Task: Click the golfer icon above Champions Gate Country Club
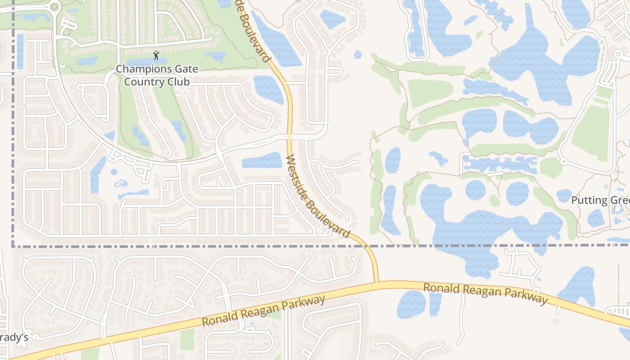pos(156,55)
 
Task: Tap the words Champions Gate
pos(144,69)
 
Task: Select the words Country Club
pos(157,82)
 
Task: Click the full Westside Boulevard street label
pos(317,197)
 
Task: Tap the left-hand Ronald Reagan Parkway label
pos(263,311)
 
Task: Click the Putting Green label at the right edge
pos(600,200)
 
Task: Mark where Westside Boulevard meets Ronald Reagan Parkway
pos(376,283)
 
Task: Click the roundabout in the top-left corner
pos(54,7)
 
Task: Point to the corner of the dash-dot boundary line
pos(13,246)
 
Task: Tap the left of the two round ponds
pos(475,190)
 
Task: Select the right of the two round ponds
pos(517,193)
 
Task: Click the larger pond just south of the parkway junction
pos(411,304)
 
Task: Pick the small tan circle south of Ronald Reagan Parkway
pos(556,321)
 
